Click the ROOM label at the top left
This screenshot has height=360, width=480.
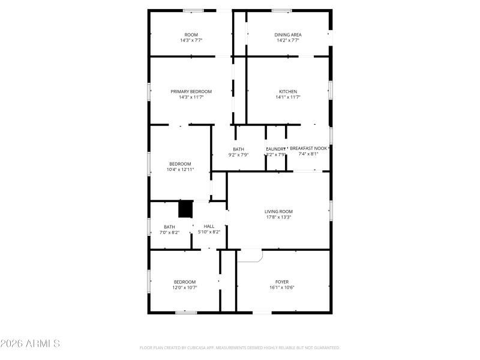(x=191, y=35)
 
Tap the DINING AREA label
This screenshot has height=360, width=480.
(x=288, y=35)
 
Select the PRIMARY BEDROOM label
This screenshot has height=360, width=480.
(x=191, y=91)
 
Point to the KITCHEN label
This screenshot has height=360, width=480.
(x=288, y=91)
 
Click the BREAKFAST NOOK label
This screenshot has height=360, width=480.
(x=308, y=148)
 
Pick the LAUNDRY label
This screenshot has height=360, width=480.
(x=276, y=149)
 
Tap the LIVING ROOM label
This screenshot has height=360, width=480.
(x=278, y=211)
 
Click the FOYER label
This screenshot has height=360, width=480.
(x=281, y=281)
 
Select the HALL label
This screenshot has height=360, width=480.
(x=209, y=226)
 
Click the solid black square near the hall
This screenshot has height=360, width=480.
(x=185, y=209)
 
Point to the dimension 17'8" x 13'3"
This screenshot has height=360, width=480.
(x=278, y=217)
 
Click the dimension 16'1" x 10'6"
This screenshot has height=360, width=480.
(x=281, y=287)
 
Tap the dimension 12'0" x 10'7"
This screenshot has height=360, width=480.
(x=185, y=287)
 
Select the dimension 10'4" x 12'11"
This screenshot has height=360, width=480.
(x=180, y=169)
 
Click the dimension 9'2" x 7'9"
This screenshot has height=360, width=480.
(x=238, y=155)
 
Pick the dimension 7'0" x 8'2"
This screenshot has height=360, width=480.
(x=169, y=232)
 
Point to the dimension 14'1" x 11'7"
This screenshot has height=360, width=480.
(x=288, y=97)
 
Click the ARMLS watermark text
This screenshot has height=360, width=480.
(x=30, y=344)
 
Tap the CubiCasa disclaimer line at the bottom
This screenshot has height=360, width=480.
(x=239, y=347)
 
